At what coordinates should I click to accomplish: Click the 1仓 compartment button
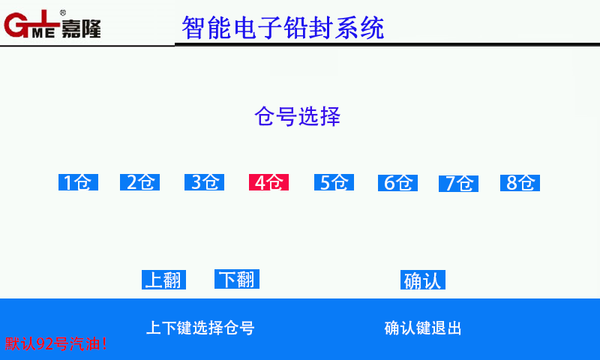point(79,182)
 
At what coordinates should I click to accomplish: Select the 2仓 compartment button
point(139,182)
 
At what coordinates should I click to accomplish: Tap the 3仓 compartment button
point(204,182)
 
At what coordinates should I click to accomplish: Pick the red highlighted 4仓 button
point(268,182)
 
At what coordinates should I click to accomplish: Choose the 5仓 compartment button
point(334,182)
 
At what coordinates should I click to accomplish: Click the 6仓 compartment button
point(397,183)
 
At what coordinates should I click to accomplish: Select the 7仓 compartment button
point(458,183)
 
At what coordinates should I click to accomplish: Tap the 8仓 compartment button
point(520,183)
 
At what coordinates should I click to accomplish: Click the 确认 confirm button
point(423,280)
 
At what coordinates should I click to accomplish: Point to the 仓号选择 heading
point(297,116)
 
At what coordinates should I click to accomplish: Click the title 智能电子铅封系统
point(283,28)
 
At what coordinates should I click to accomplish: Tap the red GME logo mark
point(32,24)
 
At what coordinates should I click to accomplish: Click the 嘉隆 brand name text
point(81,28)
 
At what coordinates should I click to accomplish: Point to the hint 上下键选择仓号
point(200,328)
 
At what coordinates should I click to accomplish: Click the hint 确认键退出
point(423,328)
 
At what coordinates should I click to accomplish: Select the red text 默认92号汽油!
point(55,343)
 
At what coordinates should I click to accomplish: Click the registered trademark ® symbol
point(63,13)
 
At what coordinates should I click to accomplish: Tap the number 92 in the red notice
point(45,343)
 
